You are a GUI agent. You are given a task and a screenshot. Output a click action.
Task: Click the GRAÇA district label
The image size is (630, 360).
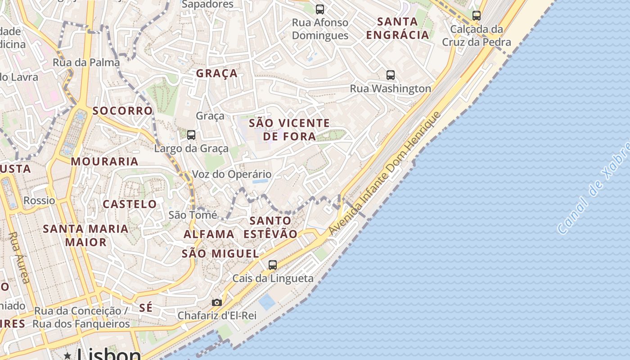coord(216,73)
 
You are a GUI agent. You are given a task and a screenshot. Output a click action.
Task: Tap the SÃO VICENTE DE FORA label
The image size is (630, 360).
coord(289,130)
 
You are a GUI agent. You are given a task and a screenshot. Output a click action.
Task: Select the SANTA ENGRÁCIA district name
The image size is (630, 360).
coord(397,28)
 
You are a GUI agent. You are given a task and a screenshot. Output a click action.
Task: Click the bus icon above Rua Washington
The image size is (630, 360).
coord(390,75)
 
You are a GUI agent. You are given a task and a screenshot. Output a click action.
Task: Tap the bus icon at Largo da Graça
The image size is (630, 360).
coord(191,135)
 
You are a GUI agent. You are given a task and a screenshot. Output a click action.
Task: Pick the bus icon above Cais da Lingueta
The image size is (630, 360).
coord(272,265)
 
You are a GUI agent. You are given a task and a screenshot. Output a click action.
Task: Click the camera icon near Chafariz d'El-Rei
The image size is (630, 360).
coord(217,302)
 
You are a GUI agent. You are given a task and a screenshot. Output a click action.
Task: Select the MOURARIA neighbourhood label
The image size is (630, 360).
coord(104,162)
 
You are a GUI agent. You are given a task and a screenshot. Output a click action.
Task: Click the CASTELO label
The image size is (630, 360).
coord(130,204)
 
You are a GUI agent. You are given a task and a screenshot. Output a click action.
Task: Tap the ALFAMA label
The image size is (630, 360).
coord(209,234)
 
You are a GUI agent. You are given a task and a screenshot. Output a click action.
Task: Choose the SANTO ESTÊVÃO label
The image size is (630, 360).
coord(270,227)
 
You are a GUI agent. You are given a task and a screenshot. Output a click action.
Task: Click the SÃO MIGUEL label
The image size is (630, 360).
coord(220,254)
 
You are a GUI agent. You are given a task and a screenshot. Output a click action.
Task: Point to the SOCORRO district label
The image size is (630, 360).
coord(122,111)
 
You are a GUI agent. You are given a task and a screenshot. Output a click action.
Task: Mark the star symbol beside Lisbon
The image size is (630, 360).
coord(67,355)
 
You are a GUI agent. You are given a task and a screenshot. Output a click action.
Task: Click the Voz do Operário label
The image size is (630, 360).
coord(232,174)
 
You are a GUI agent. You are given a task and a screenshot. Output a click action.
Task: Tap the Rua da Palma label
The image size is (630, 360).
coord(86,62)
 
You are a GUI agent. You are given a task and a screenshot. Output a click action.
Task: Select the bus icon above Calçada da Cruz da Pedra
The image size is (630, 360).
coord(476,16)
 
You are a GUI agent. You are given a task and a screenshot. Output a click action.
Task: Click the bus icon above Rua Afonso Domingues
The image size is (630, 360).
coord(319,9)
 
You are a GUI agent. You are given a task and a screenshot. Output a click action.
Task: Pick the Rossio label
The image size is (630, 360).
coord(39,200)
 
